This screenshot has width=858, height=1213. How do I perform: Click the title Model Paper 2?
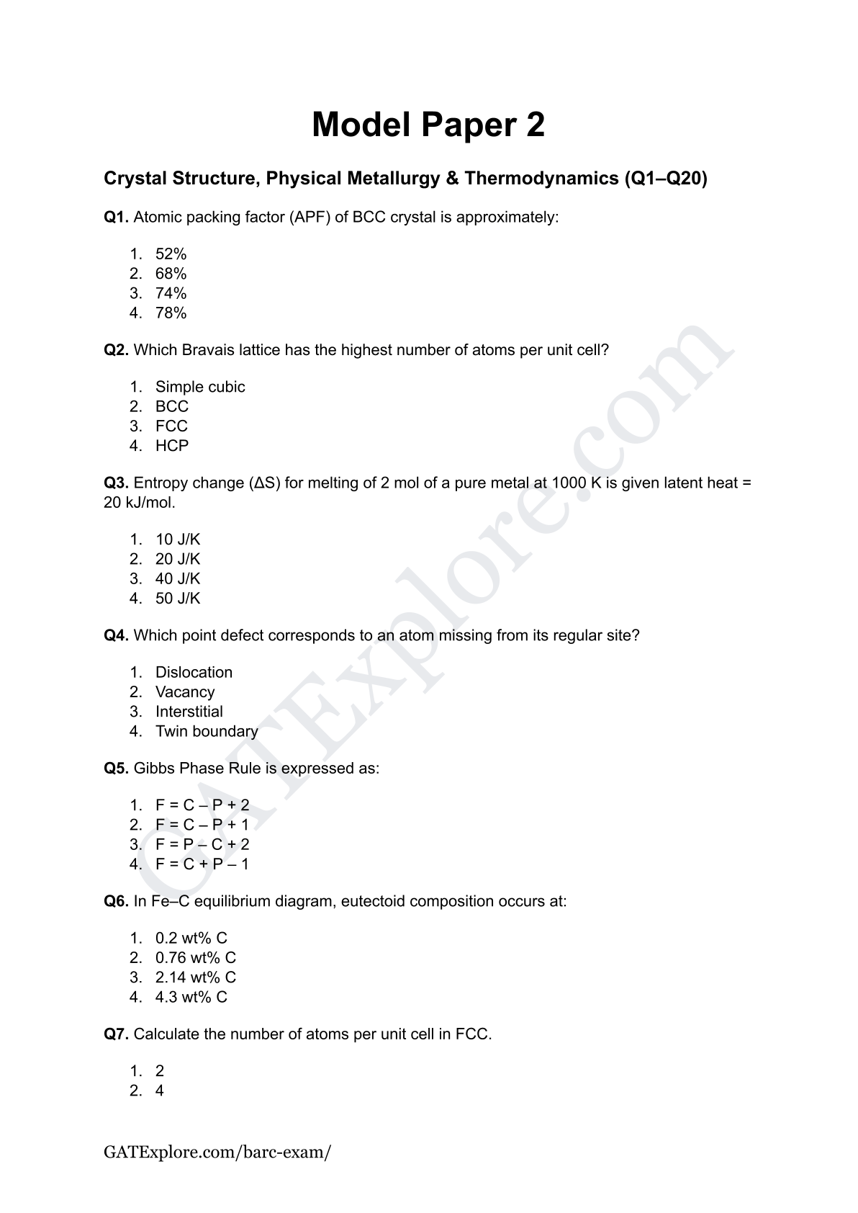tap(428, 125)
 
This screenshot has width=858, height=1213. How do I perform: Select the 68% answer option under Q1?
tap(171, 274)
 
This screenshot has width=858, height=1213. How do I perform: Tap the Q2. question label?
tap(117, 350)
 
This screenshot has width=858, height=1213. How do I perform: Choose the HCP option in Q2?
tap(171, 446)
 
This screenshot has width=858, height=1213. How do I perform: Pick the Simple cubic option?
tap(200, 387)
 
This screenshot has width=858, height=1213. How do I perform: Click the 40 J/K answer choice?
tap(178, 578)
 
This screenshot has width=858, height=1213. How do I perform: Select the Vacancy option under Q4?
tap(185, 692)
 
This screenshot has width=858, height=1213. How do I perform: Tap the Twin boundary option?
tap(207, 731)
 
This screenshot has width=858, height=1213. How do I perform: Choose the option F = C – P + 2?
tap(202, 805)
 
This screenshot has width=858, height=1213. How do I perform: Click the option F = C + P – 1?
tap(202, 864)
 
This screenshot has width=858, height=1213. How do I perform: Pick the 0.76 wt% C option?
tap(195, 958)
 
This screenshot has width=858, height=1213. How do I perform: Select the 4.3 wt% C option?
tap(191, 997)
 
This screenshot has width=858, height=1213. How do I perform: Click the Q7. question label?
tap(117, 1034)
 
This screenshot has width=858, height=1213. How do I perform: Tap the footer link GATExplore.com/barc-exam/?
tap(217, 1152)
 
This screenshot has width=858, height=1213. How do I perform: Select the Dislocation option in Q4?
tap(194, 673)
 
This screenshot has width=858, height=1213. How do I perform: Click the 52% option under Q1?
tap(171, 254)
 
